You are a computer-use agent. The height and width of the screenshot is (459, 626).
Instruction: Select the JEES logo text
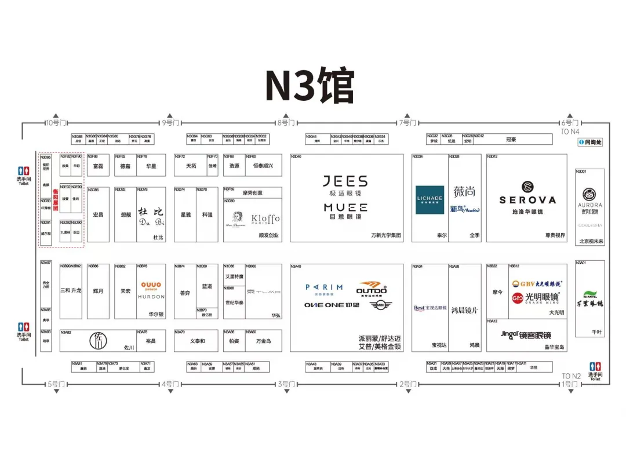tap(345, 181)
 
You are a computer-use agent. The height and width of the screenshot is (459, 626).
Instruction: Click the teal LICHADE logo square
tap(430, 200)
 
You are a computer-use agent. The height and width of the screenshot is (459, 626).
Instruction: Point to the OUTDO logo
tap(371, 288)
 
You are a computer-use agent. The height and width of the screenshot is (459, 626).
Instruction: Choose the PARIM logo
tap(324, 287)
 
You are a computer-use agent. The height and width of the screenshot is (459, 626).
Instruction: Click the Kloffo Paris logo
tap(265, 219)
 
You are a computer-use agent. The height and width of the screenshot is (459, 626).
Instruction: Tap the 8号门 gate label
tap(286, 123)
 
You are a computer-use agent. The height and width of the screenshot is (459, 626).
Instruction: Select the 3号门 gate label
tap(286, 384)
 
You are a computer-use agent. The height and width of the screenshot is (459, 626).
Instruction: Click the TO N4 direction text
tap(570, 132)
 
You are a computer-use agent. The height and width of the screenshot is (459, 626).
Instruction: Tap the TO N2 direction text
tap(571, 376)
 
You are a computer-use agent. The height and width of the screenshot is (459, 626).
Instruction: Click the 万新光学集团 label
tap(385, 235)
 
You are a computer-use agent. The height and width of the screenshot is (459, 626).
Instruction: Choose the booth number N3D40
tap(296, 156)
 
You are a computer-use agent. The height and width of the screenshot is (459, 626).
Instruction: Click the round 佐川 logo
tap(99, 340)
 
